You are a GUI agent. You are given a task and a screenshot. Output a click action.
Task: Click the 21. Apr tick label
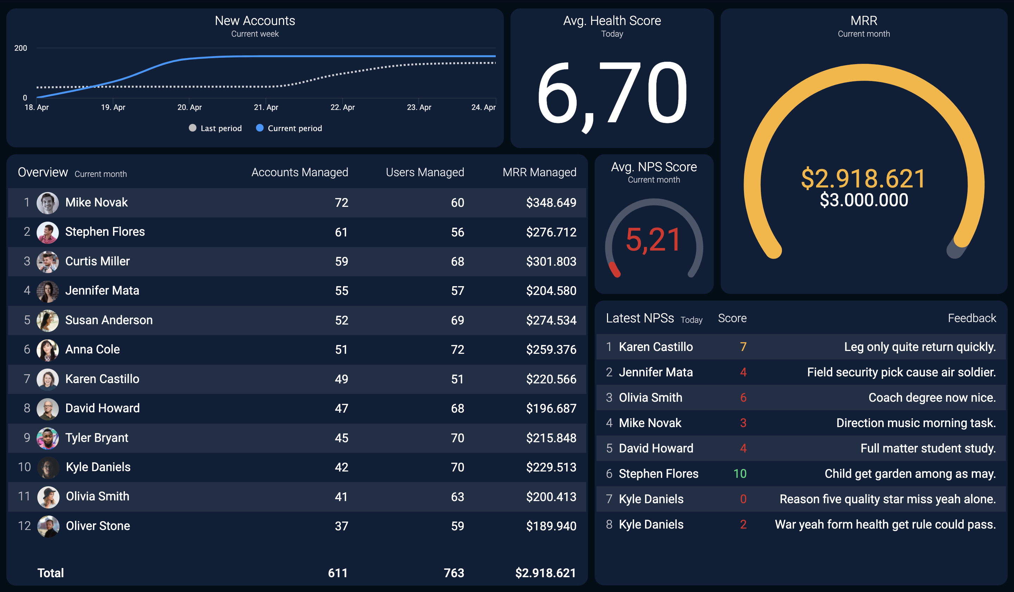(x=266, y=107)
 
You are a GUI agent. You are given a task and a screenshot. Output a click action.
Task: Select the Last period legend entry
(x=215, y=128)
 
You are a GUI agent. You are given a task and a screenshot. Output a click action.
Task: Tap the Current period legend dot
(x=260, y=128)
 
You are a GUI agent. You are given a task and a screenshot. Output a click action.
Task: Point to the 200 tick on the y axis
(x=20, y=48)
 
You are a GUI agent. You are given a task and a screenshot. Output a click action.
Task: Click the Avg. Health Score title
(x=612, y=20)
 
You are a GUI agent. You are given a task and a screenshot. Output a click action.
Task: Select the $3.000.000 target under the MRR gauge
(x=864, y=200)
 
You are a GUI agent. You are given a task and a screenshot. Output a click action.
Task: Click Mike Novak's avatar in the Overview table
(x=48, y=203)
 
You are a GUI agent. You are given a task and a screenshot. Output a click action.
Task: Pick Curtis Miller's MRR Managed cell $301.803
(x=551, y=261)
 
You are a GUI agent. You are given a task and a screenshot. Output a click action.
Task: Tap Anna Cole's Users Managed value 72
(x=457, y=350)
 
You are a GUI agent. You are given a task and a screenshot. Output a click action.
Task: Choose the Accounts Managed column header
(x=300, y=172)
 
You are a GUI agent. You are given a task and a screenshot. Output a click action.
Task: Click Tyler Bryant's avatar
(x=48, y=438)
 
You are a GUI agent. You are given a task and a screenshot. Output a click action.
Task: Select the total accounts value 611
(x=338, y=573)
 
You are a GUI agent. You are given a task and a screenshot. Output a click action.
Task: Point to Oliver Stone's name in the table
(x=98, y=526)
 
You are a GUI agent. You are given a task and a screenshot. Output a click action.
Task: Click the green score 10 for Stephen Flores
(x=740, y=474)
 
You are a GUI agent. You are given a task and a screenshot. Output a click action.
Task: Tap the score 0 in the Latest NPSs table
(x=743, y=499)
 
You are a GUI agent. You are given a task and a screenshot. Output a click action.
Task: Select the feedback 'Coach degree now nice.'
(x=932, y=398)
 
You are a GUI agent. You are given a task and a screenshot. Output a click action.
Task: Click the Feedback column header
(x=972, y=318)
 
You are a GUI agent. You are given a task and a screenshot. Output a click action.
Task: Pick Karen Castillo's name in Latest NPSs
(x=656, y=347)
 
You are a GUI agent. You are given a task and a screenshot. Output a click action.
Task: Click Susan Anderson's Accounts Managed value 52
(x=342, y=320)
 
